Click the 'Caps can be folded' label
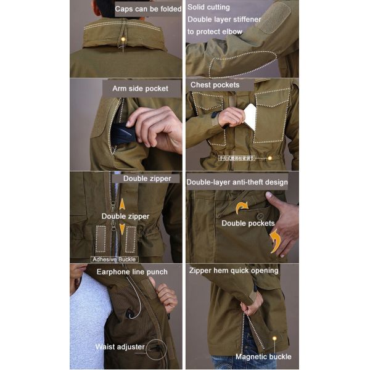(x=148, y=9)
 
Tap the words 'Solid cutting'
(x=209, y=7)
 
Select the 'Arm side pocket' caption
(x=140, y=88)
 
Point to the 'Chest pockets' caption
(x=215, y=85)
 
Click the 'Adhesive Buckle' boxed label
(x=114, y=260)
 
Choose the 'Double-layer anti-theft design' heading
(x=237, y=182)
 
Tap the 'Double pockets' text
(x=248, y=223)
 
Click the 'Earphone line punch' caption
(x=132, y=271)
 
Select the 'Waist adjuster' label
(x=120, y=347)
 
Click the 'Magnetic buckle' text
(x=263, y=356)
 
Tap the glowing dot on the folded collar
(x=123, y=39)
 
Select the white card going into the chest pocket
(x=250, y=117)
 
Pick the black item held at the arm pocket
(x=123, y=134)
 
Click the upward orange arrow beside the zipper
(x=122, y=204)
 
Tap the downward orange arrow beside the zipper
(x=122, y=229)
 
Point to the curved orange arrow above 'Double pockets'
(x=240, y=207)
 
